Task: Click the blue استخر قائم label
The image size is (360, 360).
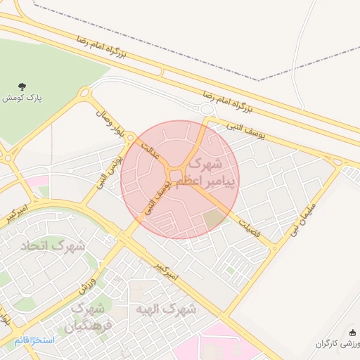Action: coord(34,340)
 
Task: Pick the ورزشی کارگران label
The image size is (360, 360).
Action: coord(336,344)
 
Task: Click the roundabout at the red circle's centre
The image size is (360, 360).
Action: coord(176,175)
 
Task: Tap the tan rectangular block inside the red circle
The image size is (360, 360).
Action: coord(213,219)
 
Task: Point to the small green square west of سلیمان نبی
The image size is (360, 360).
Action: coord(230,269)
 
